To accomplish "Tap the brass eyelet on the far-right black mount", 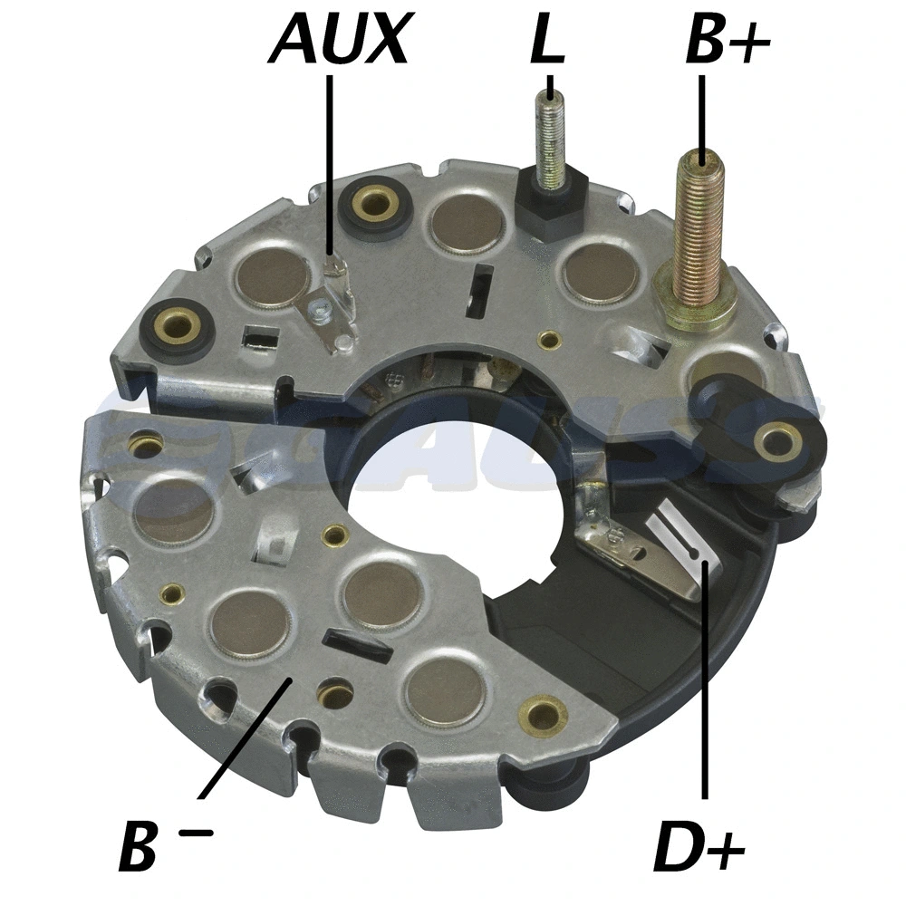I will [x=776, y=442].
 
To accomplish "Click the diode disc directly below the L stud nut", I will [x=599, y=272].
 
